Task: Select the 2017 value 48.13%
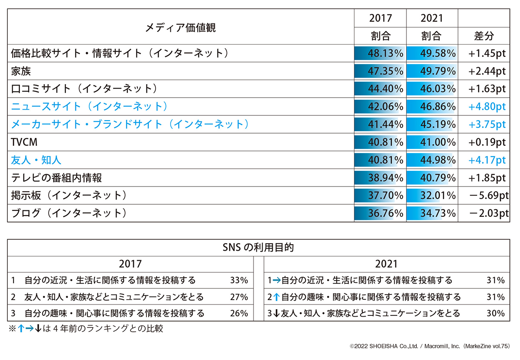click(x=385, y=53)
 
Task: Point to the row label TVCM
click(x=24, y=142)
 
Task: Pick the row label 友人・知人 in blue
click(x=36, y=160)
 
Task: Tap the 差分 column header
click(x=484, y=36)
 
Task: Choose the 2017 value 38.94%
click(x=385, y=178)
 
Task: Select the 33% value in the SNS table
click(x=239, y=280)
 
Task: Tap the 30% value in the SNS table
click(x=495, y=313)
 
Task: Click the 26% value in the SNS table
click(x=239, y=313)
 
